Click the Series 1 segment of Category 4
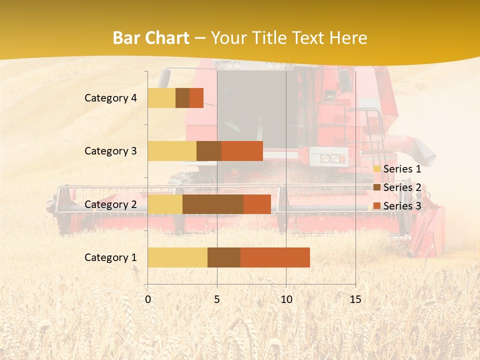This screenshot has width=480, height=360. (x=161, y=98)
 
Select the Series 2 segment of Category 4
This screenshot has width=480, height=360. (x=182, y=98)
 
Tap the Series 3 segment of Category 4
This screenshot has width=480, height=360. (x=196, y=98)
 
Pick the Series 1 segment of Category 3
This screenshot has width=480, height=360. (x=172, y=151)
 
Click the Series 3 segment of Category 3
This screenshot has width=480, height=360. (x=242, y=151)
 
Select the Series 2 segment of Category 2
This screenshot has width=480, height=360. (x=213, y=204)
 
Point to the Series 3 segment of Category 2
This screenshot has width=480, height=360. (x=257, y=204)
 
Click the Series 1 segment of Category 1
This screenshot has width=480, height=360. (x=177, y=257)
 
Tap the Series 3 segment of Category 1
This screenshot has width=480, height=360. (x=275, y=257)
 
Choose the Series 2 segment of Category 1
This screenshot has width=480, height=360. (x=224, y=257)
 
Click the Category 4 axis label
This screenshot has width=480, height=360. (x=110, y=98)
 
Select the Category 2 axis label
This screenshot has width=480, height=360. (x=110, y=204)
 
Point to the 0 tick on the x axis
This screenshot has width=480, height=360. (x=147, y=299)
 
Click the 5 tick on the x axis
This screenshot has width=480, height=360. (x=217, y=299)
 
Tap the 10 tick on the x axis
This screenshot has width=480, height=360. (x=286, y=299)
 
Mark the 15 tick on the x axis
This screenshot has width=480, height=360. (x=355, y=299)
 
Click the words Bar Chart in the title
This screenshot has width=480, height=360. (x=151, y=38)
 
